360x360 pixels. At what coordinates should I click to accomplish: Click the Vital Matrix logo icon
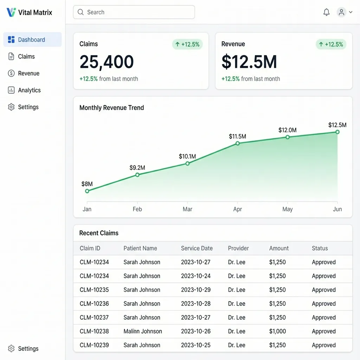pos(11,12)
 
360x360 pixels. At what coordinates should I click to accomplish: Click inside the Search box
pos(134,12)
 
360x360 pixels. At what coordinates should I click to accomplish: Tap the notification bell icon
pos(327,12)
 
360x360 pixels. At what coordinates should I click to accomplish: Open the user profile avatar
pos(341,12)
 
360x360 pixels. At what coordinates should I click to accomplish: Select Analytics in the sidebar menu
pos(29,90)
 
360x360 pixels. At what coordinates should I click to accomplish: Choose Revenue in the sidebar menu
pos(28,73)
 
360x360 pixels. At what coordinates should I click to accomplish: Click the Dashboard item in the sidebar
pos(31,40)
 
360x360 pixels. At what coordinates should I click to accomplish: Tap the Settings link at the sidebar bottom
pos(28,349)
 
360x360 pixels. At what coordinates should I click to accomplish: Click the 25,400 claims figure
pos(107,62)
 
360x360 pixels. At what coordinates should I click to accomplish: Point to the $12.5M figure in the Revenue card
pos(249,62)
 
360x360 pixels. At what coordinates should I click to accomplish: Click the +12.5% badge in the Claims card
pos(187,44)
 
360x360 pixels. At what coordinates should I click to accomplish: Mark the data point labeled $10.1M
pos(187,163)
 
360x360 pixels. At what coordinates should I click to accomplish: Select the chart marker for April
pos(238,143)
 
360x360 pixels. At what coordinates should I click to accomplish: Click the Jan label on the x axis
pos(87,209)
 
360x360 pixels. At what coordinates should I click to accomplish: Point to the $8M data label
pos(87,184)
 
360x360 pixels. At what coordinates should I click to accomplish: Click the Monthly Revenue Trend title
pos(111,108)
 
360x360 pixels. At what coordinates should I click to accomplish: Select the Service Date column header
pos(197,248)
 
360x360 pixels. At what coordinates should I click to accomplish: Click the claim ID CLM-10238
pos(94,331)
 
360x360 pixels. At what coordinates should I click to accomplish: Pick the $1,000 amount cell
pos(277,331)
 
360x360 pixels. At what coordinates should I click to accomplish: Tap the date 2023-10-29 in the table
pos(195,290)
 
